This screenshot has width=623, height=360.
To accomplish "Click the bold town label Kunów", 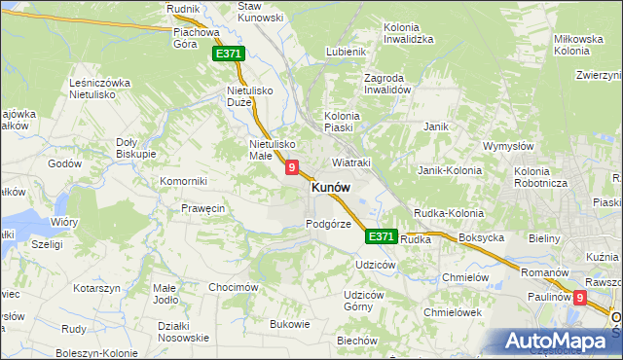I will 331,189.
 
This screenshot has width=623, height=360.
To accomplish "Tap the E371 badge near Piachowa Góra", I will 228,55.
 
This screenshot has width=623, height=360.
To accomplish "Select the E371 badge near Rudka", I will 382,236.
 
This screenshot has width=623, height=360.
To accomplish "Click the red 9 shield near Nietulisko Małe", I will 292,168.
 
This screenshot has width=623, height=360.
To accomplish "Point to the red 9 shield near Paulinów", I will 581,300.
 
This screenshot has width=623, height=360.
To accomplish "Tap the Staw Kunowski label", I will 261,12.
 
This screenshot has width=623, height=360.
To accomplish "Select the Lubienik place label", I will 347,52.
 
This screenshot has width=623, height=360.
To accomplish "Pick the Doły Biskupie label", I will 135,147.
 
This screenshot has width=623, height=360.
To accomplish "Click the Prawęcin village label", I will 203,208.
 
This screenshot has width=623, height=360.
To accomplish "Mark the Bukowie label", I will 289,324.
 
